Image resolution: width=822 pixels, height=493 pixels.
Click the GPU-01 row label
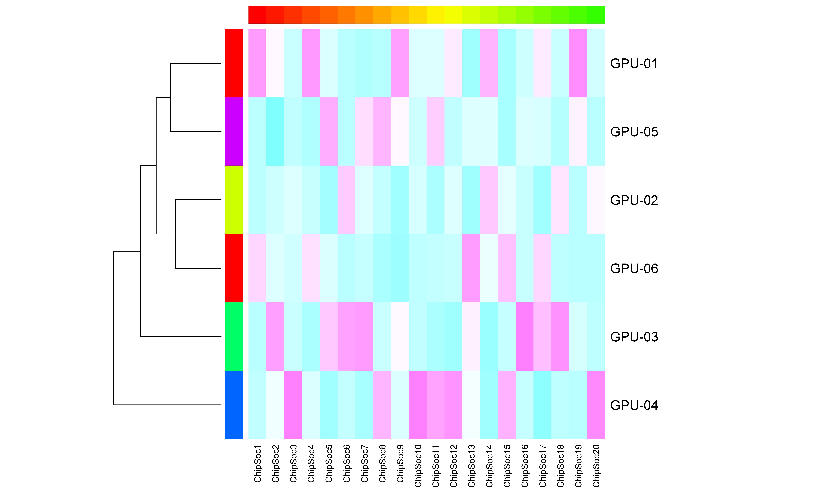point(634,64)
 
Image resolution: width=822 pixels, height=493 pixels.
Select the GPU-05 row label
point(634,132)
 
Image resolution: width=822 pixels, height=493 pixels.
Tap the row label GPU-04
point(634,405)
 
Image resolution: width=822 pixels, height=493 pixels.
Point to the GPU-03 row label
point(634,337)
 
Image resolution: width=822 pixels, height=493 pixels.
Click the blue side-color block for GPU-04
point(234,405)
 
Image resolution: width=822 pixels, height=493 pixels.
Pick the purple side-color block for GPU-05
point(234,132)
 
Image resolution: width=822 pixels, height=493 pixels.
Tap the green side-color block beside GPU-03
point(234,337)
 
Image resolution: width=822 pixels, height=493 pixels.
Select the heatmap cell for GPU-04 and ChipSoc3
point(293,405)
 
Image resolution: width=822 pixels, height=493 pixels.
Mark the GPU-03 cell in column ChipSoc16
point(524,337)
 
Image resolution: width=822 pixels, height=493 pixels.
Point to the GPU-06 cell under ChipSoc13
point(471,268)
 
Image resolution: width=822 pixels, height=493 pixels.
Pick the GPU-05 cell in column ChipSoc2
point(275,132)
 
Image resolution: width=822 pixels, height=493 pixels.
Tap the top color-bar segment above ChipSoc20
point(596,15)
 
